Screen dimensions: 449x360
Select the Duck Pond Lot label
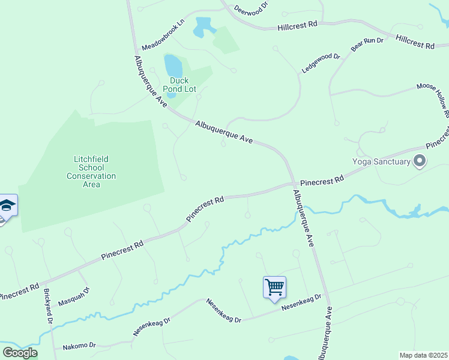[179, 85]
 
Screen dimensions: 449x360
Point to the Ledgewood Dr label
[321, 64]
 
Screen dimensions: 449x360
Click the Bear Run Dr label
[367, 44]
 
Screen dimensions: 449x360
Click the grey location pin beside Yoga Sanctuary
[420, 161]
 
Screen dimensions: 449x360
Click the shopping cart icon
[274, 286]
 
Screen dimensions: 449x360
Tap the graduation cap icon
[7, 206]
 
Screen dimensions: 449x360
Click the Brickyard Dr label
[49, 306]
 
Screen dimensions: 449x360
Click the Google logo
[20, 353]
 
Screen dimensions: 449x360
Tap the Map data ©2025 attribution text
[423, 355]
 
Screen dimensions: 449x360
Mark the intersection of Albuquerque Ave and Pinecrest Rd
[293, 184]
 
